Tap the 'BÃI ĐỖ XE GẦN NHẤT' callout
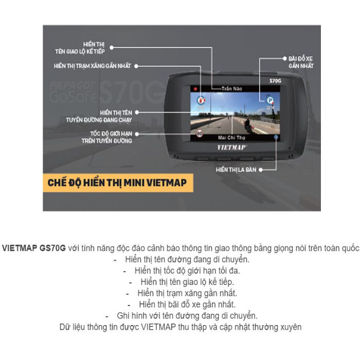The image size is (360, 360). click(x=301, y=63)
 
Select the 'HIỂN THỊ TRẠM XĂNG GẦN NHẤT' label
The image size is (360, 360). click(x=93, y=66)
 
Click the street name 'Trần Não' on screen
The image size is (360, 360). click(x=232, y=88)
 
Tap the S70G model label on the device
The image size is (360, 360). click(x=276, y=81)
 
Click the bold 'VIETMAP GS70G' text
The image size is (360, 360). click(x=34, y=247)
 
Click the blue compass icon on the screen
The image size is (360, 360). click(x=277, y=137)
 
